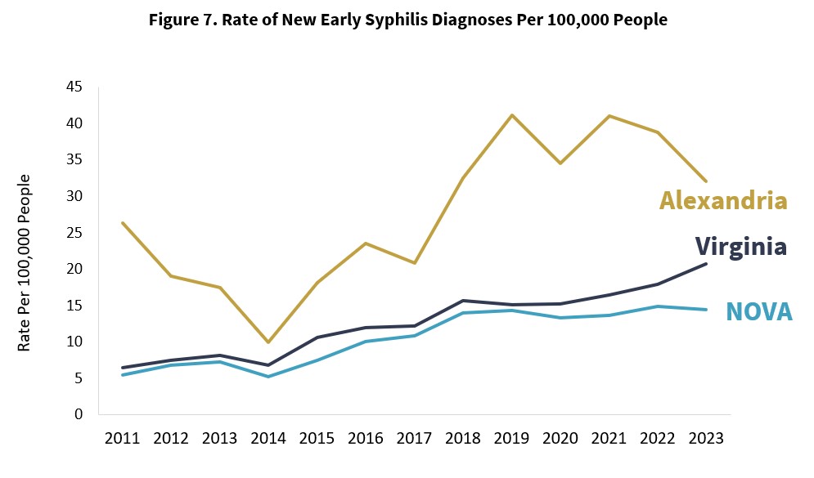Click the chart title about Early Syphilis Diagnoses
407,20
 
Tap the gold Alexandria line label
723,200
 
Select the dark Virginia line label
740,246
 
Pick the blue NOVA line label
758,311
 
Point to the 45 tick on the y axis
74,87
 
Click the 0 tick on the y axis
79,413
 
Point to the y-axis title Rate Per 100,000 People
25,262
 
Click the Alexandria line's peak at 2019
512,115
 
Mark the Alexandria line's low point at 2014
269,342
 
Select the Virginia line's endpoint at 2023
706,263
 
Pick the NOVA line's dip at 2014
269,376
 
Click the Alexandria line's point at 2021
609,116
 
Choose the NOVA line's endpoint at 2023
706,309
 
